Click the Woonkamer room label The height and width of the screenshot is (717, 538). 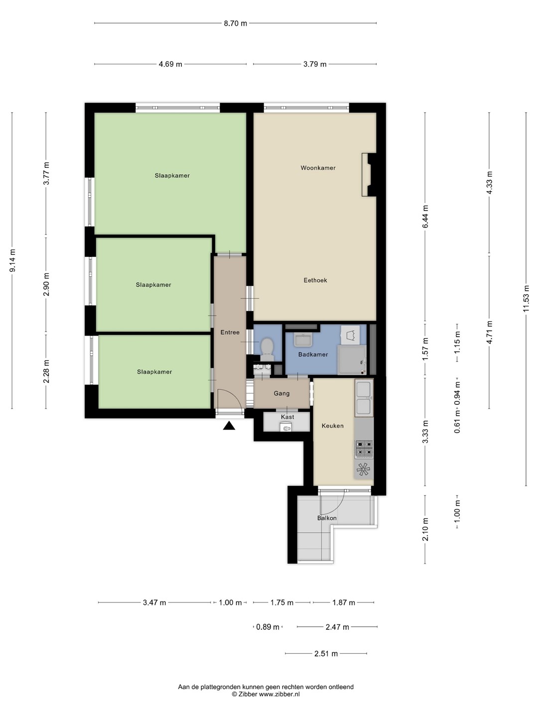pos(318,168)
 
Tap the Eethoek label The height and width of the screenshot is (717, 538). pos(315,280)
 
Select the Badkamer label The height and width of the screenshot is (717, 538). pos(313,355)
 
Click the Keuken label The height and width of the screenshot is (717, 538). pos(333,426)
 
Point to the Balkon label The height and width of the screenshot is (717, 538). pos(327,518)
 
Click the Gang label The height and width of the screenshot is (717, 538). pos(281,393)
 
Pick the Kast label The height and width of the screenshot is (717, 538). pos(287,417)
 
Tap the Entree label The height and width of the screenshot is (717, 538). pos(230,333)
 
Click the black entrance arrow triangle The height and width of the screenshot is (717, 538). pos(229,426)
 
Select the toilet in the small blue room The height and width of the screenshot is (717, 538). pos(267,349)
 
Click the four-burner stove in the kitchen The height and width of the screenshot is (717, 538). pos(364,449)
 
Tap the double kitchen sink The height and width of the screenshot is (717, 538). pos(364,397)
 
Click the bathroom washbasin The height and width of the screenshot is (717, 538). pos(303,340)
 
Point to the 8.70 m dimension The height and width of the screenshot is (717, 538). pos(235,23)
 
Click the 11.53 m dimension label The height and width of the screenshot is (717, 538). pos(526,298)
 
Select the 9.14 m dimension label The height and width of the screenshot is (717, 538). pos(12,260)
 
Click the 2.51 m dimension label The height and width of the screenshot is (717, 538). pos(326,654)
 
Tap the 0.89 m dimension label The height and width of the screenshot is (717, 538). pos(268,627)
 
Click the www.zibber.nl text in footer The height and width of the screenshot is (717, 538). pos(279,694)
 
